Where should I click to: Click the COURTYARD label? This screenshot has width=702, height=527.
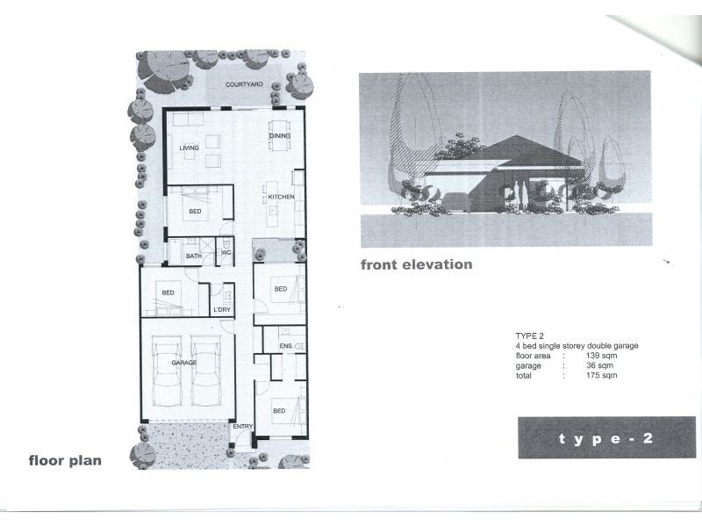point(244,84)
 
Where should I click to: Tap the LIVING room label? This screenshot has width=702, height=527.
point(190,148)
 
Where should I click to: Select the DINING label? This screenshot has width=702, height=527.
point(279,135)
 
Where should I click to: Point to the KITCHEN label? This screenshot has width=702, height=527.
point(280,196)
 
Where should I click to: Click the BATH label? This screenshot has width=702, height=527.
point(193,256)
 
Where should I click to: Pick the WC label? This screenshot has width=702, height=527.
point(226,253)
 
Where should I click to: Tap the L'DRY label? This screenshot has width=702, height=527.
point(222,310)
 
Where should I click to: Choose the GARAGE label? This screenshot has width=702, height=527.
point(183,362)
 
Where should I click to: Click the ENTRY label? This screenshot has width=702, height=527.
point(242,427)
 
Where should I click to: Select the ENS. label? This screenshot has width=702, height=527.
point(285,348)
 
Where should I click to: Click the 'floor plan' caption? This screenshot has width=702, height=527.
point(65,459)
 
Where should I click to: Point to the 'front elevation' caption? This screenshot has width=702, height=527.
point(416,263)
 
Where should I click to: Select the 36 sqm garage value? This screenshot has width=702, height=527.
point(599,365)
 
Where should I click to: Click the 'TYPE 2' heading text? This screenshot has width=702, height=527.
point(531,336)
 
